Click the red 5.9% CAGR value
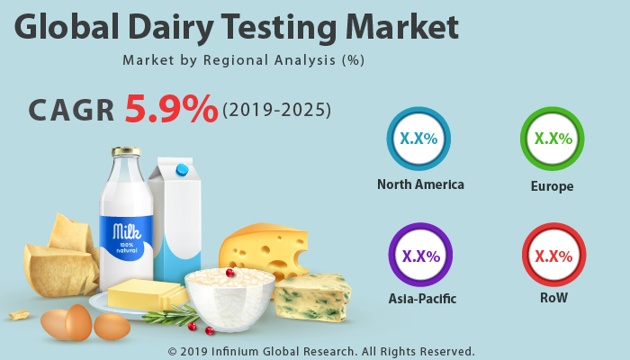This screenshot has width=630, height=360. click(171, 109)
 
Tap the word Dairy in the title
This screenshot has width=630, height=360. click(172, 27)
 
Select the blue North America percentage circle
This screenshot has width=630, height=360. click(418, 139)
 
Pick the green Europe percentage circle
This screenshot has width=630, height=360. click(553, 139)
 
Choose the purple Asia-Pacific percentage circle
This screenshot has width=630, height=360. click(420, 255)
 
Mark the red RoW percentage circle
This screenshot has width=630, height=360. click(554, 255)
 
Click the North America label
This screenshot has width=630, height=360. click(420, 184)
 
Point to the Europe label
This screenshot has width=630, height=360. click(552, 186)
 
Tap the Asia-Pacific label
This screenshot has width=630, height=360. click(422, 299)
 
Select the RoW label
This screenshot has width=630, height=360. click(553, 298)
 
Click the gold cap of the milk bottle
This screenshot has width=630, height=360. click(126, 151)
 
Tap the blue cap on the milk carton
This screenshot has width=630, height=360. click(182, 170)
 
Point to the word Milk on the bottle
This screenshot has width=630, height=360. click(127, 232)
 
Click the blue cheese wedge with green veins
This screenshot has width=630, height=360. click(312, 297)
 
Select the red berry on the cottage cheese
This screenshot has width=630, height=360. click(230, 274)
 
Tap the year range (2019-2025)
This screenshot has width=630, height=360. click(277, 110)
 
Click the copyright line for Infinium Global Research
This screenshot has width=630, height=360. click(321, 352)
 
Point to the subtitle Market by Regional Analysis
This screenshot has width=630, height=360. click(244, 60)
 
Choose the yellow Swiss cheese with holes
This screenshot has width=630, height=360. click(264, 250)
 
